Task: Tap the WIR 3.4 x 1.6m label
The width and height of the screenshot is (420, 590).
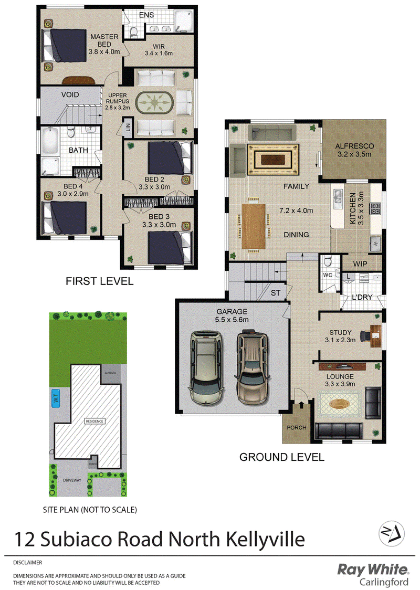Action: click(x=158, y=49)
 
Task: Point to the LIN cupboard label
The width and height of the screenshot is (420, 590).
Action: click(x=128, y=127)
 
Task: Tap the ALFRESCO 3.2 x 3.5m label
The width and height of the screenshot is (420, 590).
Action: click(x=353, y=151)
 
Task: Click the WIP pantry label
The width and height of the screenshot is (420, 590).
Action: click(x=360, y=264)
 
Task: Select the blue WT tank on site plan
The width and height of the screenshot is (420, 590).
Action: click(x=56, y=399)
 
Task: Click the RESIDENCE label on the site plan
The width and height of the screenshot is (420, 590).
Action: click(x=96, y=421)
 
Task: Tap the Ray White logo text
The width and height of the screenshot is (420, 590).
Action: click(x=372, y=570)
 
